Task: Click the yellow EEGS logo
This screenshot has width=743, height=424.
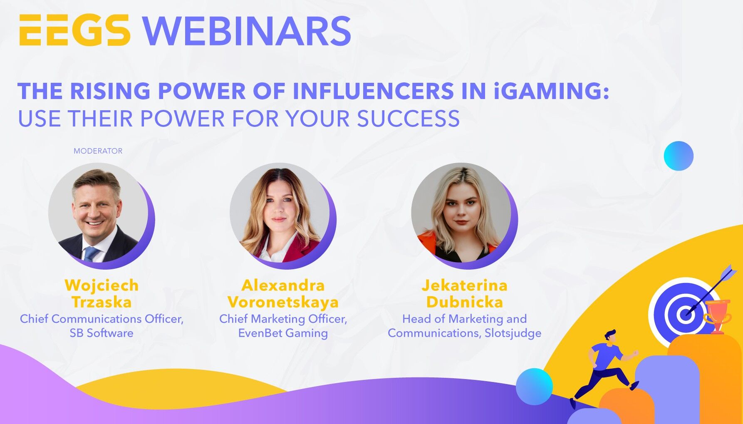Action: [x=75, y=30]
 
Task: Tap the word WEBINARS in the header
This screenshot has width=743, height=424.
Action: [x=247, y=31]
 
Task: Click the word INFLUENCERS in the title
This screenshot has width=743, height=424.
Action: [x=374, y=91]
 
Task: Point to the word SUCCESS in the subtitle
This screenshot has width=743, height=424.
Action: [x=409, y=119]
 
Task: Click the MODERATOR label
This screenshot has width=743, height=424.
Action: [x=98, y=151]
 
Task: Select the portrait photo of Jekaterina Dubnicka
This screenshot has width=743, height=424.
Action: [x=461, y=213]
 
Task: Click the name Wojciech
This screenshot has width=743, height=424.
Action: [x=102, y=285]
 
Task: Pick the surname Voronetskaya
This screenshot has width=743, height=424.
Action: [x=283, y=302]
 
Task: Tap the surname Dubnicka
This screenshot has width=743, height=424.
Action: [x=464, y=302]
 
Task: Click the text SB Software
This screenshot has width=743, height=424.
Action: [x=102, y=333]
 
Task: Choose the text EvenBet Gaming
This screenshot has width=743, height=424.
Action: [x=283, y=333]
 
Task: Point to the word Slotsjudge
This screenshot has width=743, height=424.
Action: [x=513, y=333]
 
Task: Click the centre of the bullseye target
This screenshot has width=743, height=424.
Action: [x=684, y=313]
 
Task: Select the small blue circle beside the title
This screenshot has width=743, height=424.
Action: [x=679, y=156]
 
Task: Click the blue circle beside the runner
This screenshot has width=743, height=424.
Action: [x=534, y=387]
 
